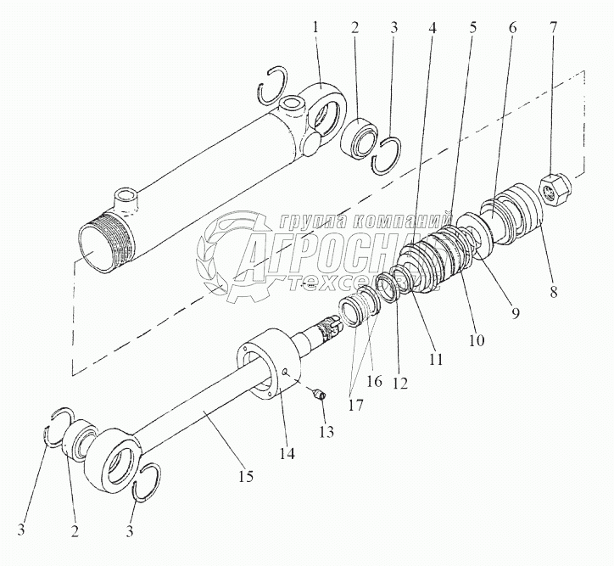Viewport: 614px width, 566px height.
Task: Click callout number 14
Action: click(x=287, y=454)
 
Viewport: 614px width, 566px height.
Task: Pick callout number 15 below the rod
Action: click(x=245, y=477)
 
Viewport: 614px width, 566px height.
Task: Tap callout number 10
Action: click(x=477, y=340)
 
